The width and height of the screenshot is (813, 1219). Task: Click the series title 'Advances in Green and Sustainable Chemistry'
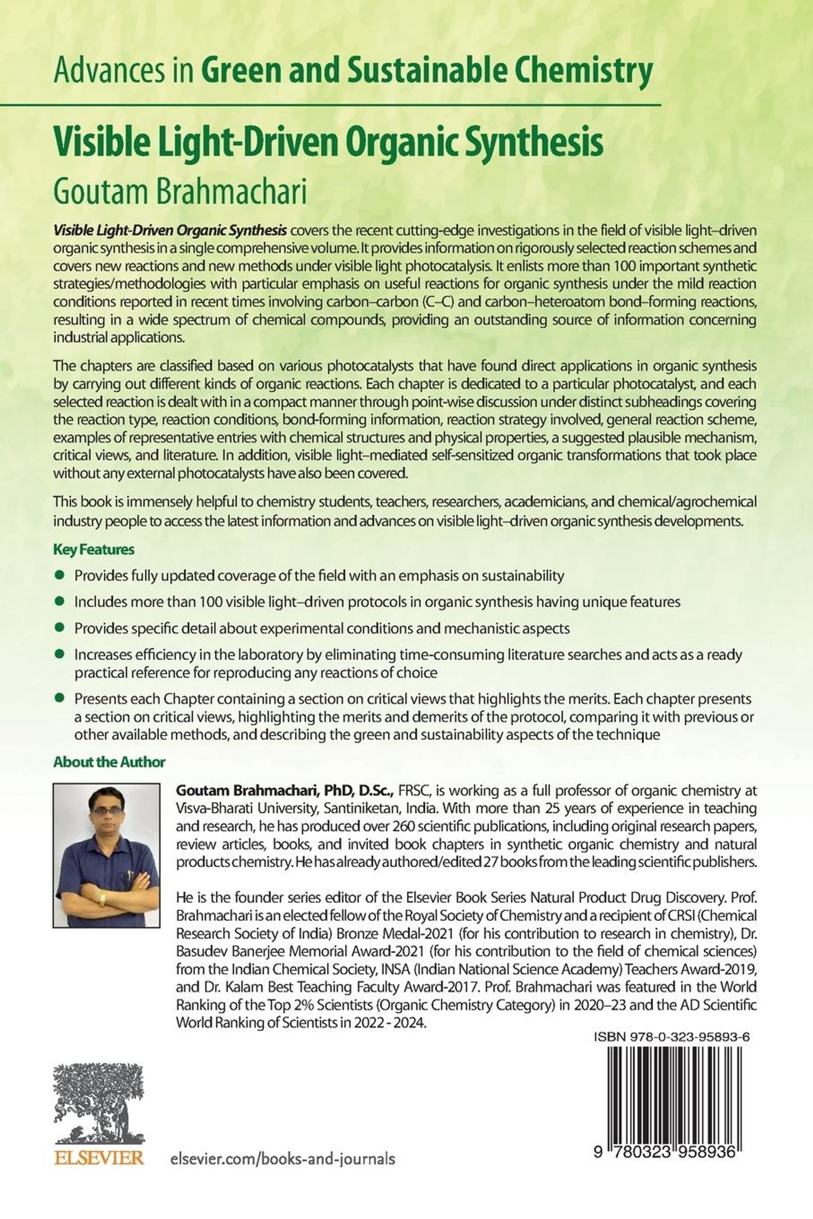coord(353,71)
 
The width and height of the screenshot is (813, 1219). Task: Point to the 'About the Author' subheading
coord(109,761)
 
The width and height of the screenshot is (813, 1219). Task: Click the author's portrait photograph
coord(106,855)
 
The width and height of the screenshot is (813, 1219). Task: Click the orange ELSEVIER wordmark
coord(99,1157)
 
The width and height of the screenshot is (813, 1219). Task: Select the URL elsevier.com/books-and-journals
coord(283,1158)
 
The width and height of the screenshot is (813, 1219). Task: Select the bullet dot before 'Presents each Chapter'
coord(60,698)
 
